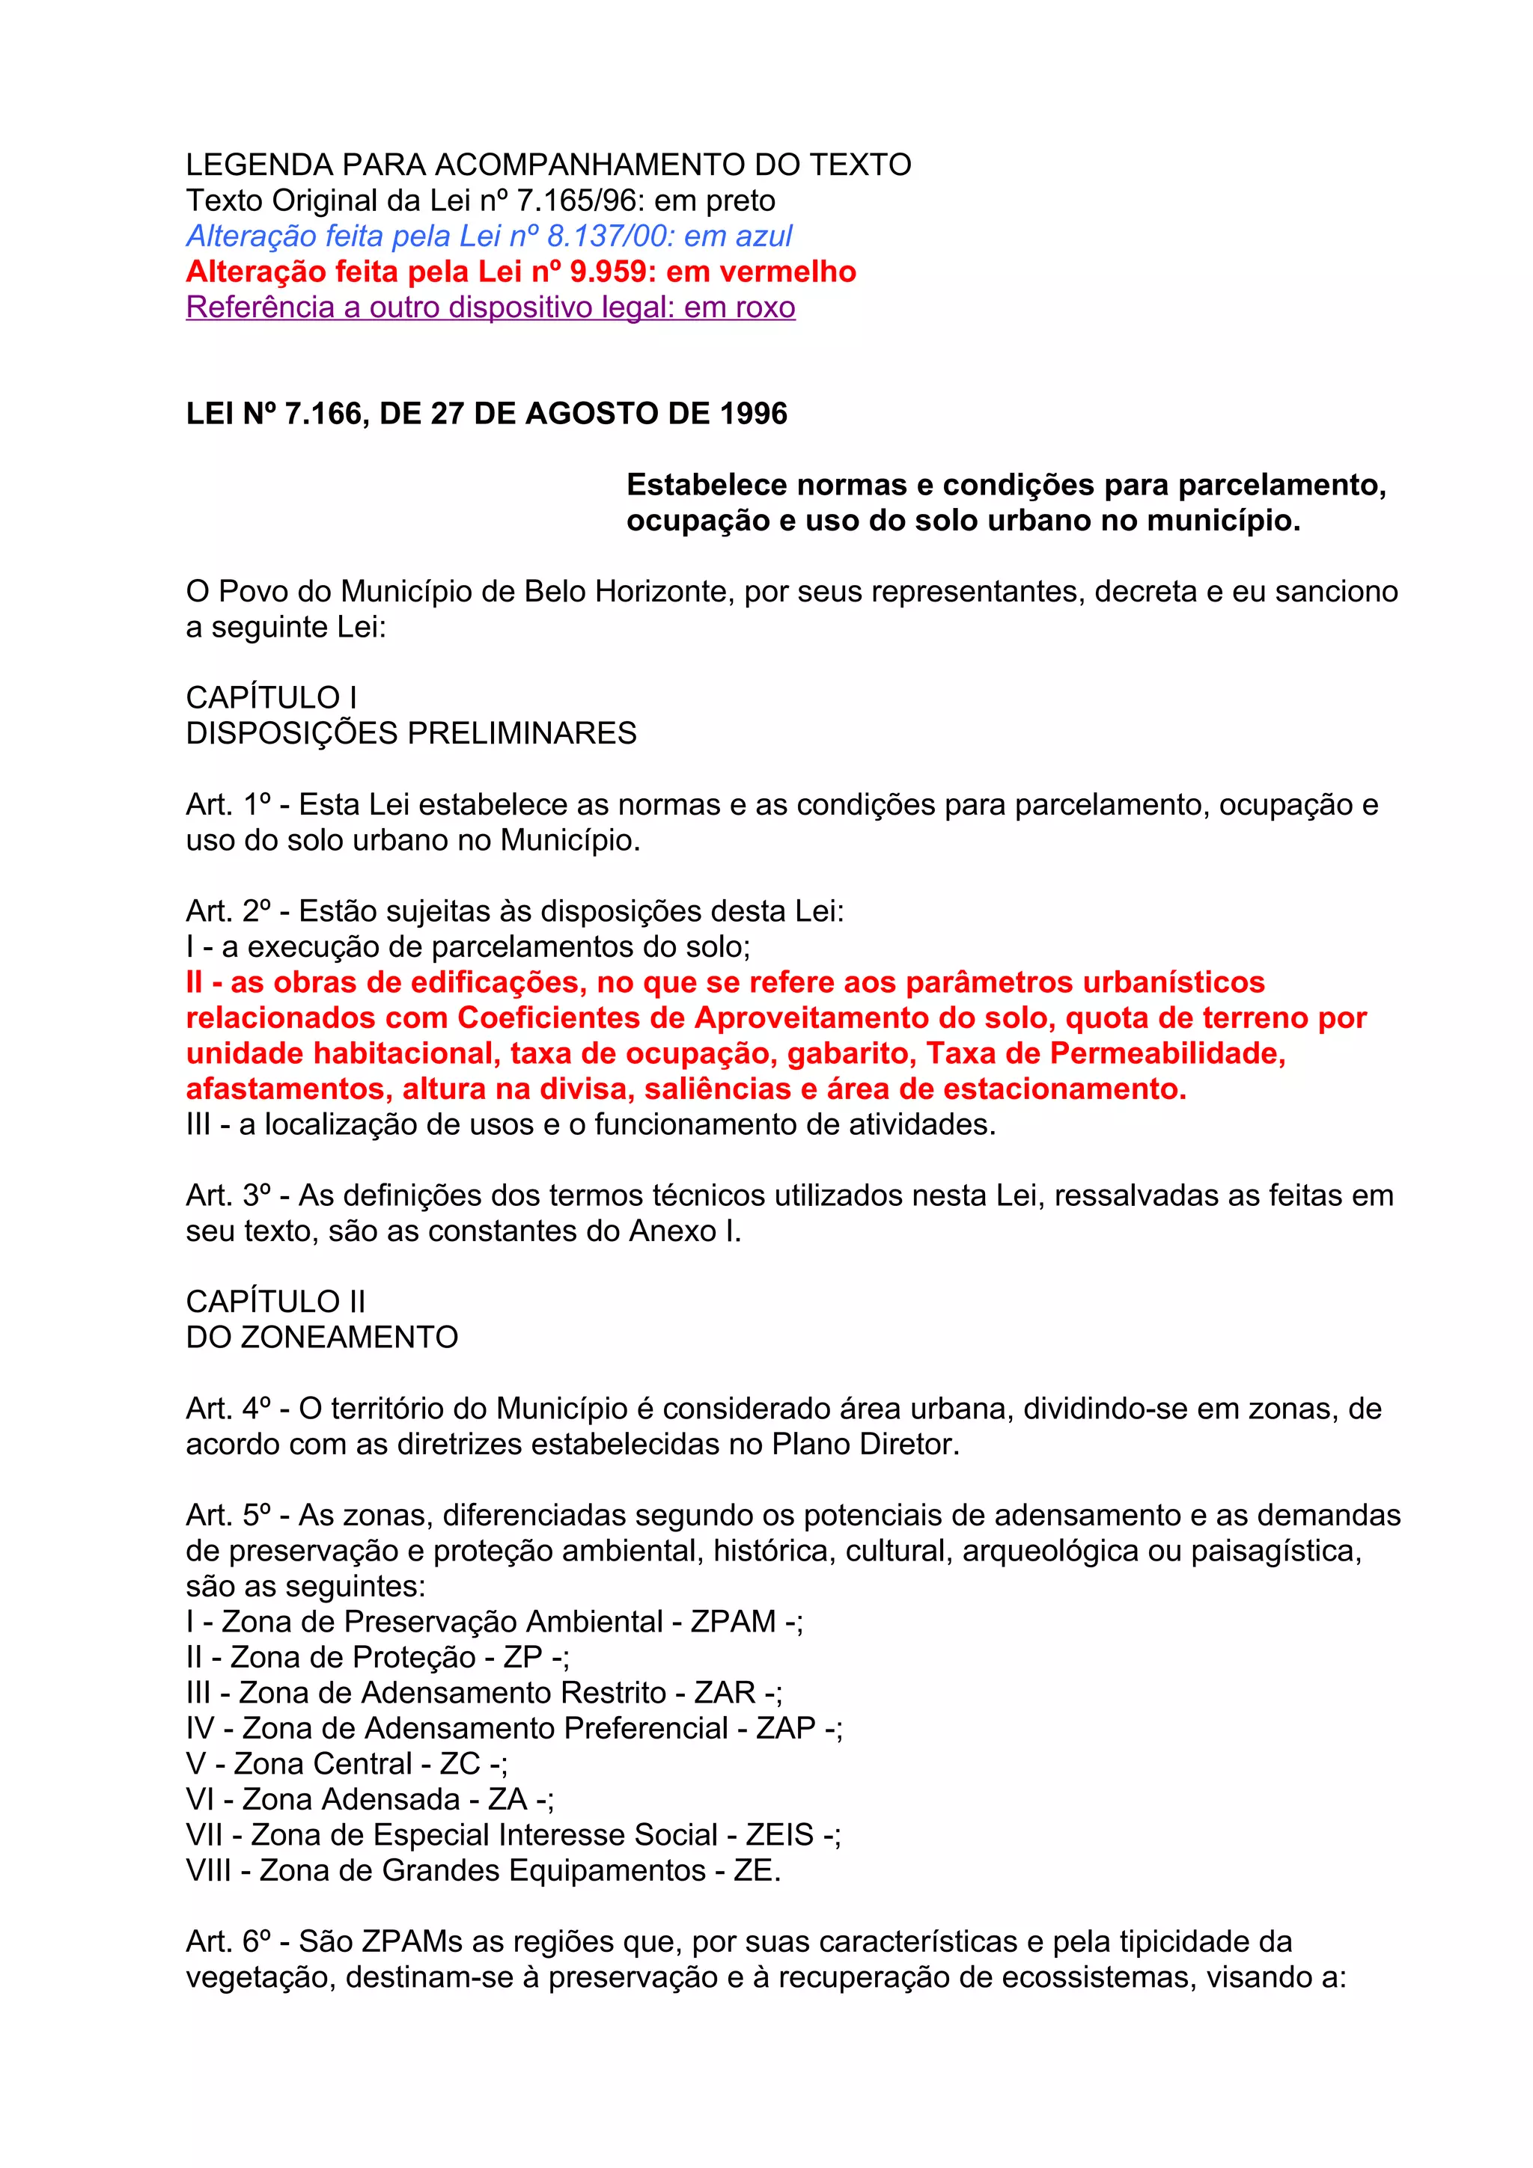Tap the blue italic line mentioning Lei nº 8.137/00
click(x=488, y=236)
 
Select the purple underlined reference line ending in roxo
click(x=490, y=307)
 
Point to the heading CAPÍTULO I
click(x=271, y=698)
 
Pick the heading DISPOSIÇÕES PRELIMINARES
click(x=411, y=734)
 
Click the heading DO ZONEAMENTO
click(x=321, y=1337)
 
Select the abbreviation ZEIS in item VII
click(x=779, y=1834)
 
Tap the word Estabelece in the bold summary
click(x=707, y=486)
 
